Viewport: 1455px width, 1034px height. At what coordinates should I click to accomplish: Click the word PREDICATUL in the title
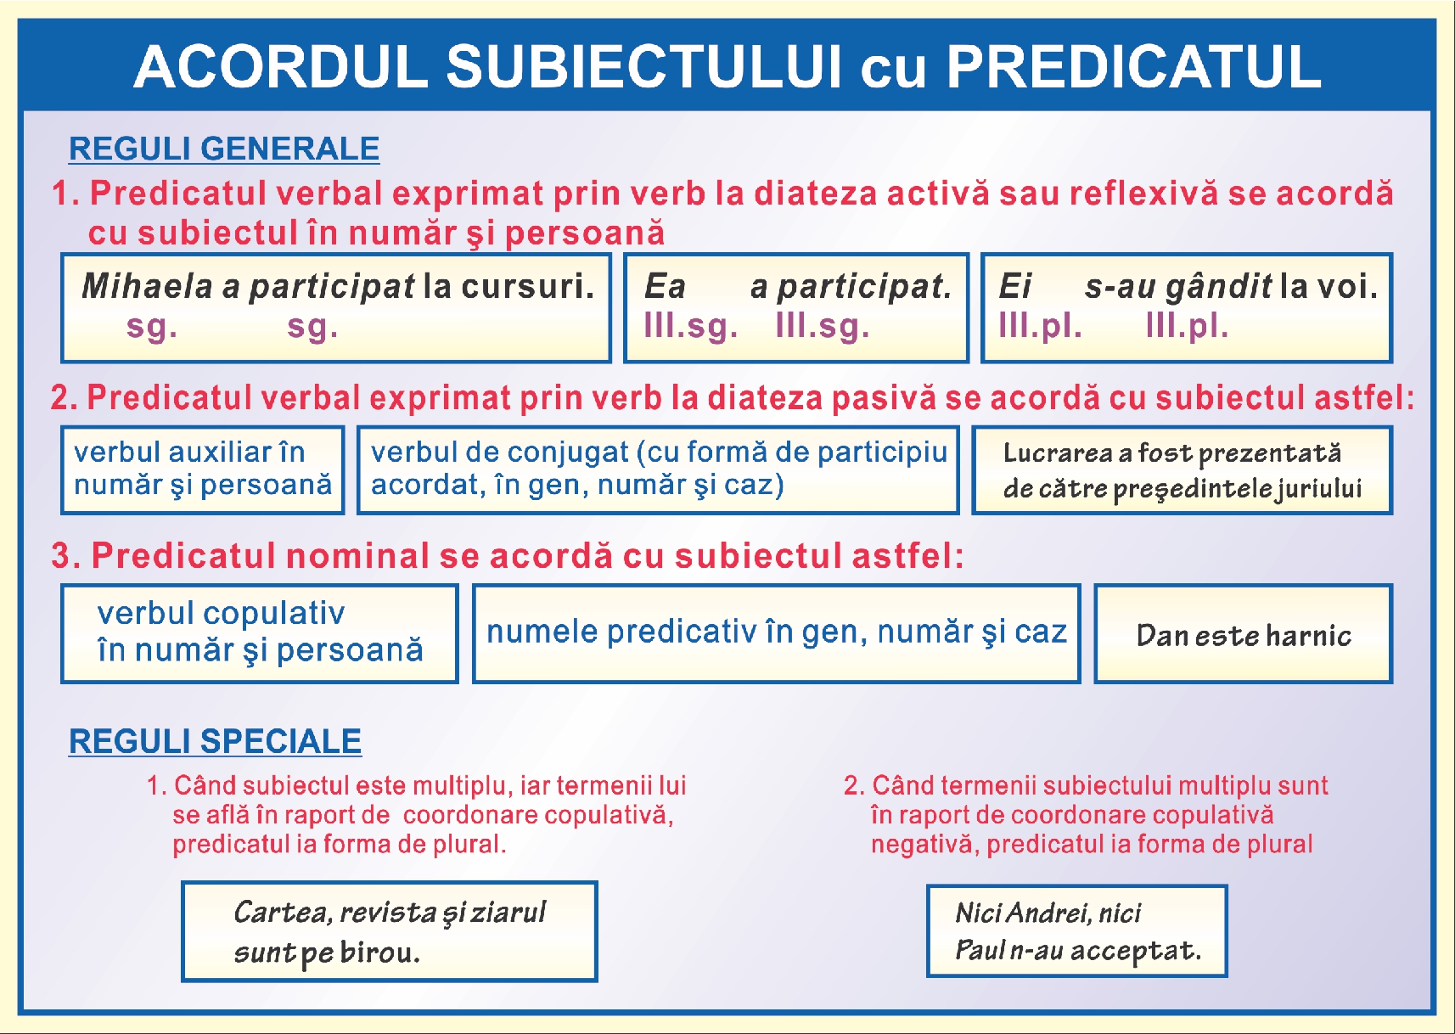(1133, 66)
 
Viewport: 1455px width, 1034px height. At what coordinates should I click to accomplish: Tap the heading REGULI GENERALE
(223, 149)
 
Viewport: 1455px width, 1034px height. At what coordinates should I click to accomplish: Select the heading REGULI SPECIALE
(215, 741)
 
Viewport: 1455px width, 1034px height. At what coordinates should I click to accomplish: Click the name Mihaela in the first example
(147, 286)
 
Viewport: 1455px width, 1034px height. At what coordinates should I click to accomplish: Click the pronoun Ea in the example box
(665, 286)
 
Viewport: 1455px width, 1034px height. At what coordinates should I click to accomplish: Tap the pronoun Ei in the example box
(1014, 286)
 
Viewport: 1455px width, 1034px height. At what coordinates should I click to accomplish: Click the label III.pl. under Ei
(1040, 325)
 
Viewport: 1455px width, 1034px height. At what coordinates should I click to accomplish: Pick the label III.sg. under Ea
(690, 325)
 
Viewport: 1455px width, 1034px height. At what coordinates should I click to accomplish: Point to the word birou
(379, 953)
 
